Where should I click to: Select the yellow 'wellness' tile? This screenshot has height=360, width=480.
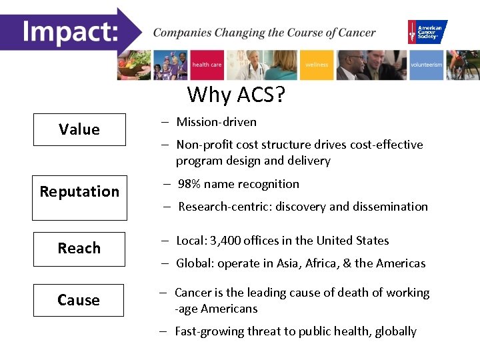317,65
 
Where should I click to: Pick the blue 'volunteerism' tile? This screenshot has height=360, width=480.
426,65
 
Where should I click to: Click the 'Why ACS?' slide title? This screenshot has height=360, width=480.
236,95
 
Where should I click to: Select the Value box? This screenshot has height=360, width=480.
79,129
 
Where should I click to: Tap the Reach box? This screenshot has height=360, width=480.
79,249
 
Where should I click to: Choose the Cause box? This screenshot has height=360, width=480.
79,300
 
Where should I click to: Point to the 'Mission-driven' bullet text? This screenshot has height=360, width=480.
216,122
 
